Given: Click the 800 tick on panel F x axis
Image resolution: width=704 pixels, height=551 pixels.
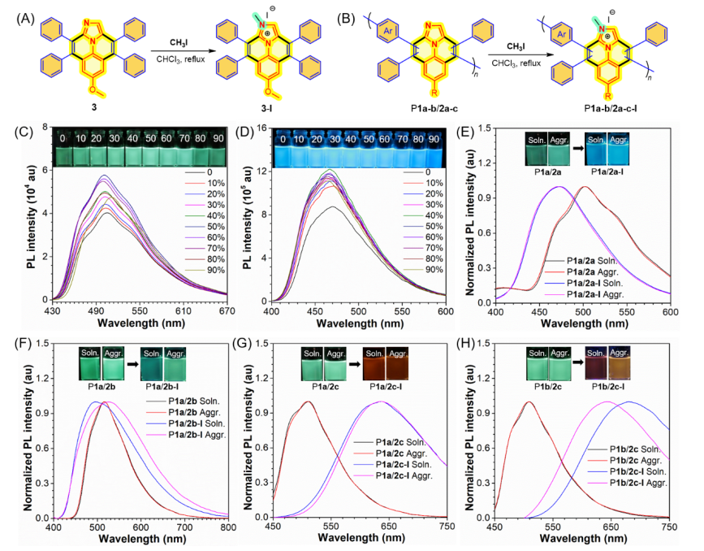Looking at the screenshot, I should pyautogui.click(x=229, y=527).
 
